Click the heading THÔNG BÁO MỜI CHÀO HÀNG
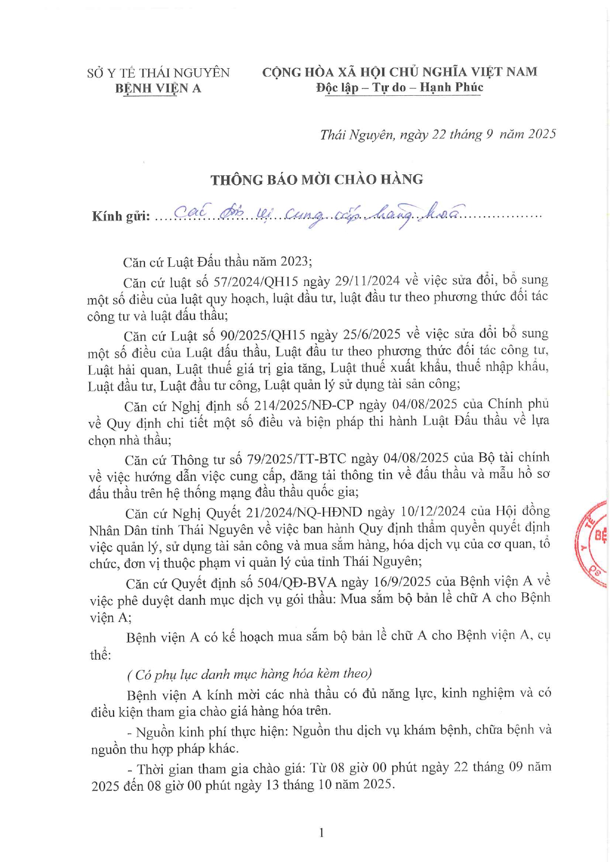[x=317, y=180]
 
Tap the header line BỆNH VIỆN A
[x=158, y=88]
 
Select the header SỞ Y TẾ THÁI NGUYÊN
[x=158, y=73]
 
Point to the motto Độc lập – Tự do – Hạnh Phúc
[x=400, y=87]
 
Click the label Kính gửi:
[x=121, y=217]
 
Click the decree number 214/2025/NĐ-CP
[x=304, y=405]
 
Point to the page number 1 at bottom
[x=321, y=832]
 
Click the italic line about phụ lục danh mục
[x=249, y=674]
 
